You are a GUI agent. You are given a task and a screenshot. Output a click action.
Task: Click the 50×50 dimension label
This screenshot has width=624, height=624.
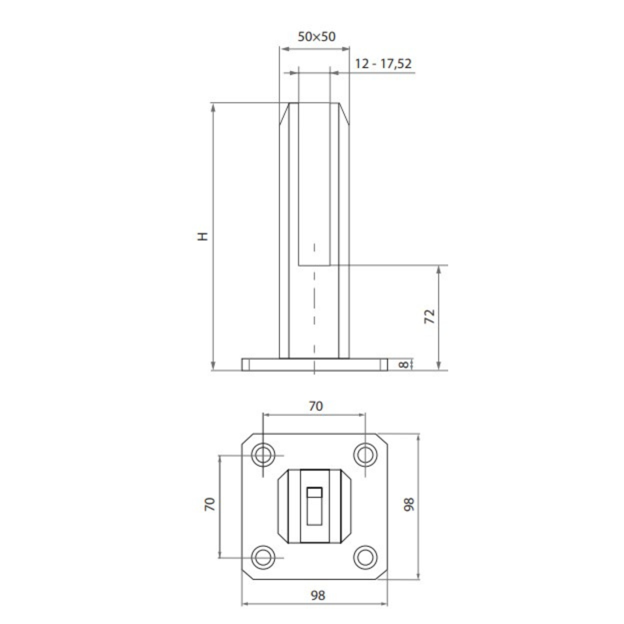pos(317,37)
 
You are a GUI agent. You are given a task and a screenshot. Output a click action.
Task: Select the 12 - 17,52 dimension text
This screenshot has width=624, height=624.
pos(383,64)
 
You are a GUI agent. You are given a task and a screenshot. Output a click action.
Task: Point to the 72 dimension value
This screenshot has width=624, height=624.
pos(430,317)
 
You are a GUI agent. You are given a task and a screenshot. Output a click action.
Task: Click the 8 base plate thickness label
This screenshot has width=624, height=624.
pos(403,365)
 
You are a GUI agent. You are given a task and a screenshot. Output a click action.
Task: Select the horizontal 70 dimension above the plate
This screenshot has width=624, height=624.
pos(316,406)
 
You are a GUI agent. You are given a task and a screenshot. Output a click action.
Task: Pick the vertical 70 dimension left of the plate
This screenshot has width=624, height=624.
pos(210,504)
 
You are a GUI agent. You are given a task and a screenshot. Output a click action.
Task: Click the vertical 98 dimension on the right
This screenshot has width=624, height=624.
pos(409,504)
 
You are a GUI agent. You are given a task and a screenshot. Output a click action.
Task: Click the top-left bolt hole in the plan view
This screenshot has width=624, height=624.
pos(263,455)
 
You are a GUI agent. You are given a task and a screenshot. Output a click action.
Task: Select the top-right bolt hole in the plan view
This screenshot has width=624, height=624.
pos(365,455)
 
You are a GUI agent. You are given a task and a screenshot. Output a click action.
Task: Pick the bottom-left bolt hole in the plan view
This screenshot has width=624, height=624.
pos(263,558)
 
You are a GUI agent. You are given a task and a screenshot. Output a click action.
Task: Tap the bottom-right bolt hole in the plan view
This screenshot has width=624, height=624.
pos(365,558)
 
